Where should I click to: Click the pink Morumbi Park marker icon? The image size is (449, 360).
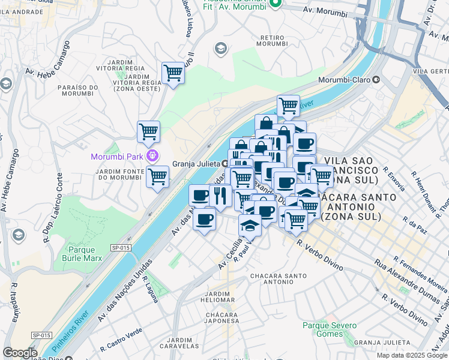click(x=153, y=157)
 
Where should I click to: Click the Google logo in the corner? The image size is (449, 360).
click(x=19, y=353)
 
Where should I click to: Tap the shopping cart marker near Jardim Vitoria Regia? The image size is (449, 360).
click(x=173, y=73)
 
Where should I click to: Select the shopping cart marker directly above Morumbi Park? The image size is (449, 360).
click(x=148, y=131)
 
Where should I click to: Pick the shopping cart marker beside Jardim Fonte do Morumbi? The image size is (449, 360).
click(x=157, y=177)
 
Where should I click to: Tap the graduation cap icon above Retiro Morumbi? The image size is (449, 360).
click(x=220, y=48)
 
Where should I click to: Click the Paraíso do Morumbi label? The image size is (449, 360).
click(x=76, y=89)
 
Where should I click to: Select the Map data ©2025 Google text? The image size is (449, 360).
click(x=412, y=355)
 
